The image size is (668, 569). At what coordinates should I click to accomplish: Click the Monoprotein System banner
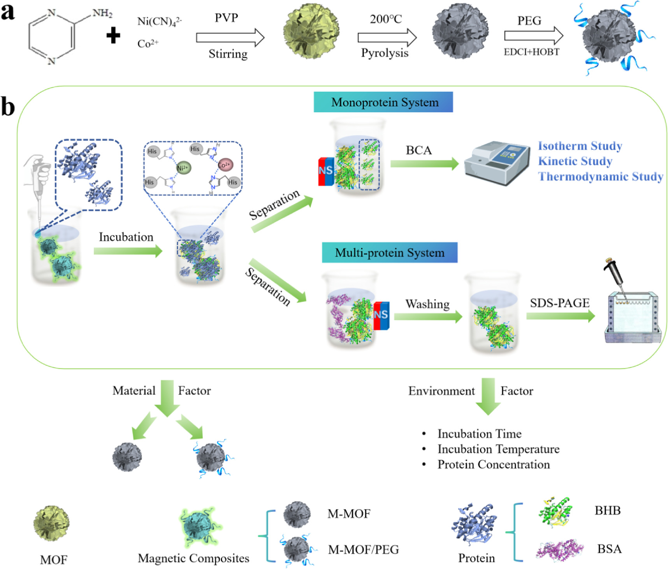pyautogui.click(x=383, y=102)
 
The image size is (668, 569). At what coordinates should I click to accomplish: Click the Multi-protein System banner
pyautogui.click(x=389, y=253)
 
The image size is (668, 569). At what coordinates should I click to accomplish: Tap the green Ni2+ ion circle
pyautogui.click(x=183, y=168)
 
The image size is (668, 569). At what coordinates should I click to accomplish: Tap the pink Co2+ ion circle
pyautogui.click(x=225, y=165)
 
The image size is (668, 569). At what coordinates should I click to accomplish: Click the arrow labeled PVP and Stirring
pyautogui.click(x=230, y=38)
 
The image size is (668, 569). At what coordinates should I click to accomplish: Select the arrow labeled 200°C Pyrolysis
pyautogui.click(x=387, y=37)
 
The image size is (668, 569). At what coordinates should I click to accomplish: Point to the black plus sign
pyautogui.click(x=113, y=36)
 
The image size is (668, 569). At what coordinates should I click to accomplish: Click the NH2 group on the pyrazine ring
pyautogui.click(x=102, y=14)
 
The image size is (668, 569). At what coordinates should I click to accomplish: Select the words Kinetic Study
pyautogui.click(x=575, y=161)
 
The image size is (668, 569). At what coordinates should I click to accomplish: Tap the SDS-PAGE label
pyautogui.click(x=559, y=303)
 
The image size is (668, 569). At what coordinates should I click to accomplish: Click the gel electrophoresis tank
pyautogui.click(x=633, y=317)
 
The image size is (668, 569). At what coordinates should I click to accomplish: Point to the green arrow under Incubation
pyautogui.click(x=128, y=251)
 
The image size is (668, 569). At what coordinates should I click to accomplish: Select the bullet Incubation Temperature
pyautogui.click(x=498, y=449)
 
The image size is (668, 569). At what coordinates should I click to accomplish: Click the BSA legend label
pyautogui.click(x=609, y=549)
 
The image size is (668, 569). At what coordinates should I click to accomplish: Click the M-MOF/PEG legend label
pyautogui.click(x=363, y=550)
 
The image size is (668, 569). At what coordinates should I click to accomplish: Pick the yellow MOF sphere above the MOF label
pyautogui.click(x=51, y=523)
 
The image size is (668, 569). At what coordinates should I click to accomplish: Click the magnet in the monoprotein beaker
pyautogui.click(x=326, y=171)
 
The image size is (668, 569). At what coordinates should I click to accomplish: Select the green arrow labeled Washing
pyautogui.click(x=427, y=317)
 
